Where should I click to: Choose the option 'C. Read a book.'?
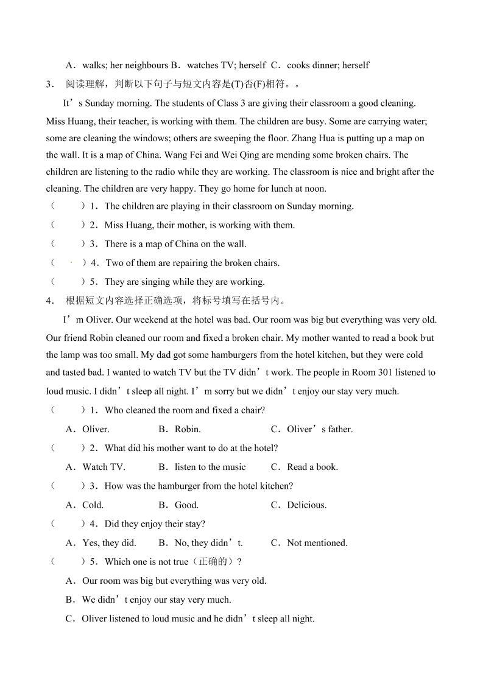click(x=304, y=467)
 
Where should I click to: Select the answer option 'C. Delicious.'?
click(x=298, y=505)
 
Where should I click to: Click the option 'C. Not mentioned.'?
click(x=309, y=543)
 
